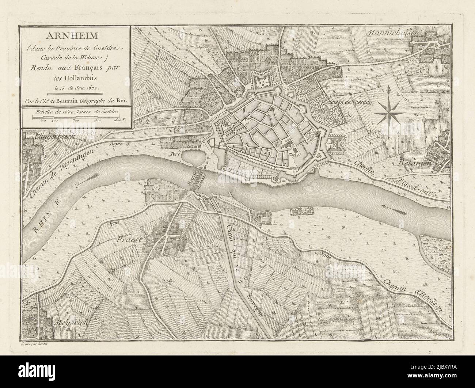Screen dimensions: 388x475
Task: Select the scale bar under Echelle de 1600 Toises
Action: (77, 116)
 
